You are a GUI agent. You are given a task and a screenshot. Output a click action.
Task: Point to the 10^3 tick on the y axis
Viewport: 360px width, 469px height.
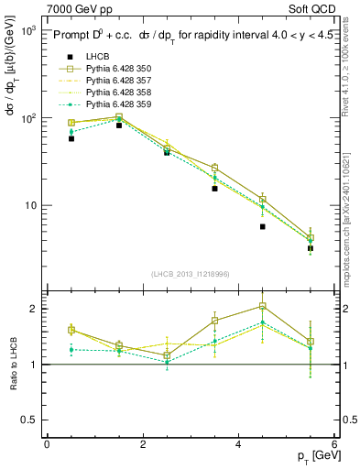[x=27, y=30]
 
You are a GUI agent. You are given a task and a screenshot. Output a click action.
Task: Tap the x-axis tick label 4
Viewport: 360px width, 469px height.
[x=237, y=443]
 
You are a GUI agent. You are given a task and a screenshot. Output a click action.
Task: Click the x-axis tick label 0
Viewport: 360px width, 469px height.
[x=47, y=443]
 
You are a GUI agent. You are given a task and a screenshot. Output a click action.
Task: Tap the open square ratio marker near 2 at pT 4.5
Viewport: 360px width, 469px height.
[x=262, y=306]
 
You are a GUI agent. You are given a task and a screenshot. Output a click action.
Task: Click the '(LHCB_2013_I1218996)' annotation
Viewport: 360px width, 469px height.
[x=191, y=274]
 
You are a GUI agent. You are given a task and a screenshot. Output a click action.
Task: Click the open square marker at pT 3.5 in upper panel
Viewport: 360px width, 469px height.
[x=214, y=168]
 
